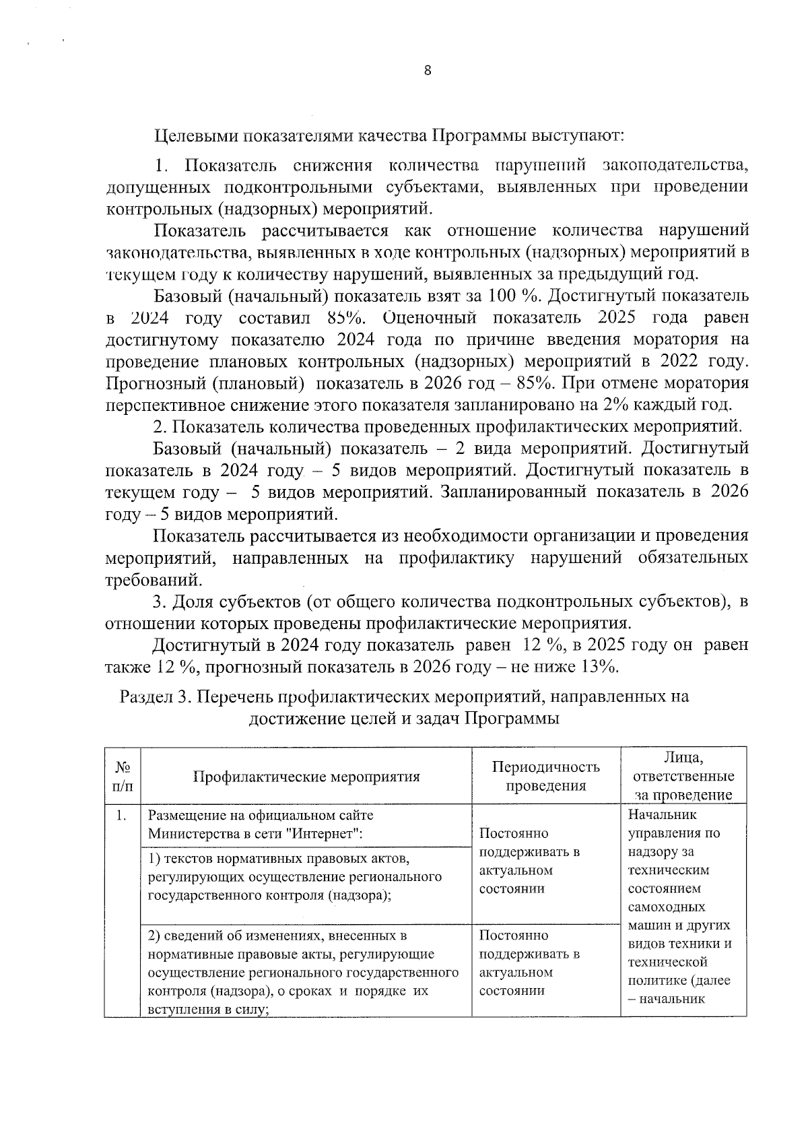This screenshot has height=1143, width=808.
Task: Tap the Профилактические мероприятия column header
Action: click(x=306, y=777)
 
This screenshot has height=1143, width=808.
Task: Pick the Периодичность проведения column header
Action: click(x=545, y=777)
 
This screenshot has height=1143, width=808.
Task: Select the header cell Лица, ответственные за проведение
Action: click(x=683, y=776)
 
